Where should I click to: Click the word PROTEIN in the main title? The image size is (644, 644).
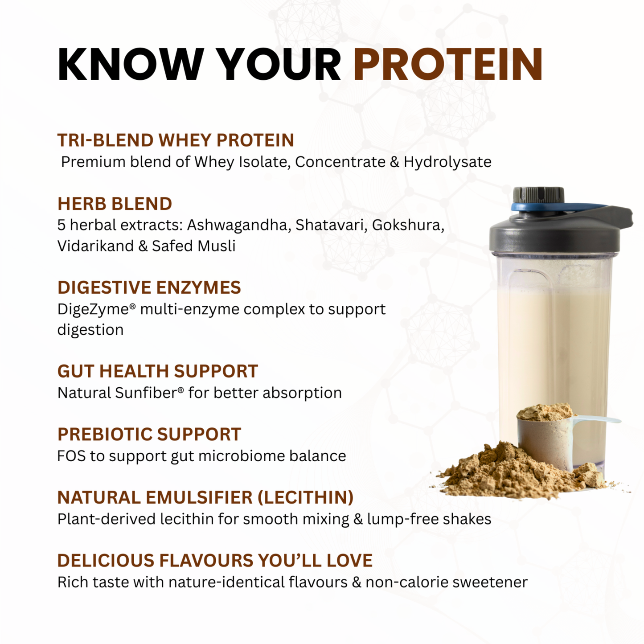pyautogui.click(x=448, y=64)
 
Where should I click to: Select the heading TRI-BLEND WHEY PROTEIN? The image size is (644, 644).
pyautogui.click(x=176, y=140)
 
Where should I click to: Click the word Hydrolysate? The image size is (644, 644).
pyautogui.click(x=447, y=162)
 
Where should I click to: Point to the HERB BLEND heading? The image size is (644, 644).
pyautogui.click(x=115, y=204)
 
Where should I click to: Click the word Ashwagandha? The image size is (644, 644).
pyautogui.click(x=239, y=225)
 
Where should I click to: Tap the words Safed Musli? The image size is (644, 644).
pyautogui.click(x=193, y=246)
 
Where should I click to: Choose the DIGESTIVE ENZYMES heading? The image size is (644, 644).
pyautogui.click(x=149, y=288)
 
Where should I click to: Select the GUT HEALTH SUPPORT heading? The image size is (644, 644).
pyautogui.click(x=158, y=371)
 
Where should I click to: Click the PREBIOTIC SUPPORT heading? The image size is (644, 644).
pyautogui.click(x=149, y=435)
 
